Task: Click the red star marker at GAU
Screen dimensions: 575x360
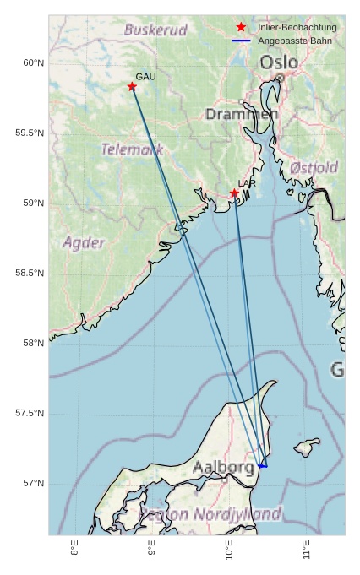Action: tap(132, 86)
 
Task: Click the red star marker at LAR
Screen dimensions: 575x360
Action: tap(234, 193)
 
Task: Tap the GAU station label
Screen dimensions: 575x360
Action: tap(145, 77)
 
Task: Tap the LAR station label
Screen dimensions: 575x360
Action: tap(247, 183)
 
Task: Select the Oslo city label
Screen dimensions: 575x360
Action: tap(278, 62)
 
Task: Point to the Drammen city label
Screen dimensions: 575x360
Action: tap(242, 114)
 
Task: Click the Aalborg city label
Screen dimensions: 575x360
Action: tap(223, 467)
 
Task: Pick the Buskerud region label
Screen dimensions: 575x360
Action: tap(155, 30)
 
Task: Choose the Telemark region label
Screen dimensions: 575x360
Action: tap(133, 149)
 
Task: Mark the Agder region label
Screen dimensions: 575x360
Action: tap(85, 243)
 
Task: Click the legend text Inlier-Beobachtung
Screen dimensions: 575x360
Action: tap(297, 28)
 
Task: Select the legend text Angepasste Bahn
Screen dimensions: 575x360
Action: tap(292, 41)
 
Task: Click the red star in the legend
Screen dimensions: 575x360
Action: tap(241, 28)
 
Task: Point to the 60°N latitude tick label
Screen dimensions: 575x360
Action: tap(33, 63)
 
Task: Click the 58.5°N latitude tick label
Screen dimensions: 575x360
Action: tap(30, 273)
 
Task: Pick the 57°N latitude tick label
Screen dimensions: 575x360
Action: tap(33, 483)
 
